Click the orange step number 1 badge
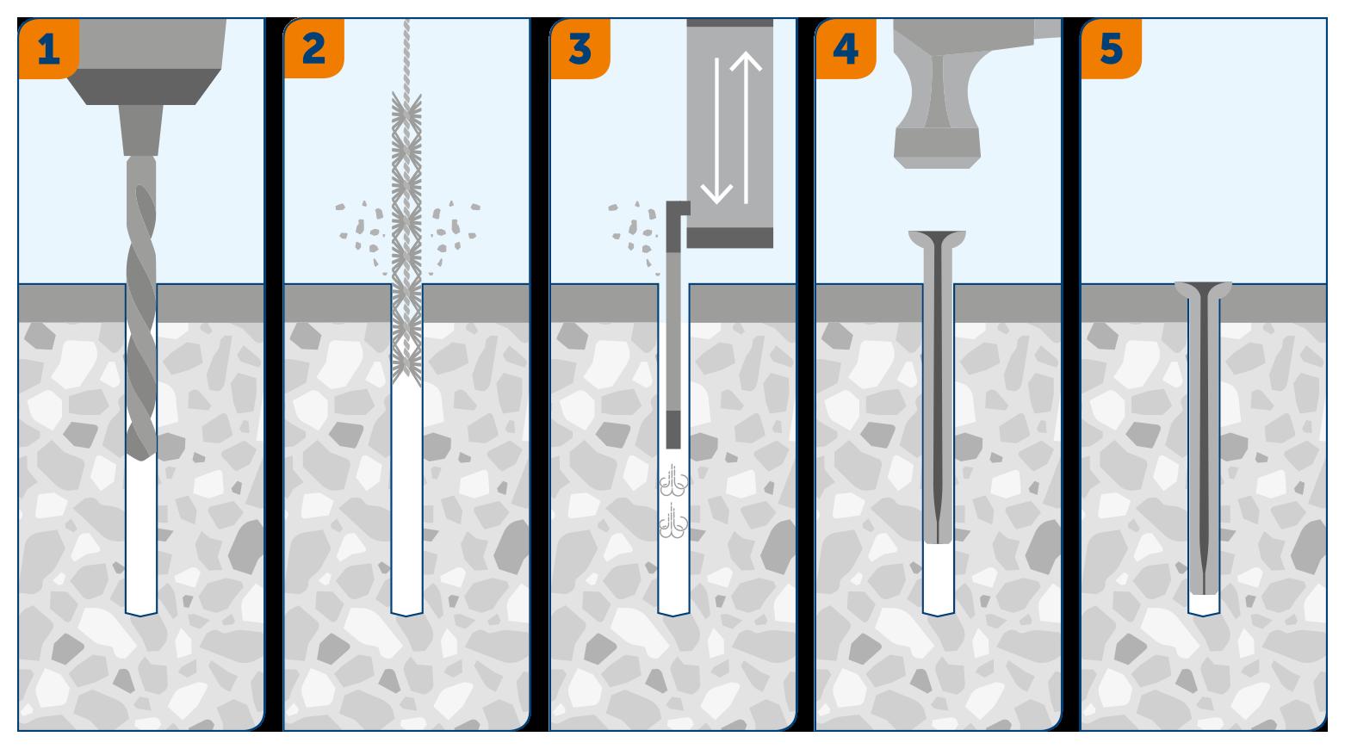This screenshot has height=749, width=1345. [x=48, y=48]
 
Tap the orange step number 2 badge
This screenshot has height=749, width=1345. [x=314, y=48]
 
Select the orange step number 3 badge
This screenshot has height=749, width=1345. [x=580, y=48]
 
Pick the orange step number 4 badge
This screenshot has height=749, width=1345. [x=846, y=48]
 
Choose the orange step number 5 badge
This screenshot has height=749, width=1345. [x=1112, y=48]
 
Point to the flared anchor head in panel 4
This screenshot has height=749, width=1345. [x=938, y=238]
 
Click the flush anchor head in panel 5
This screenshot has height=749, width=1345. [x=1203, y=290]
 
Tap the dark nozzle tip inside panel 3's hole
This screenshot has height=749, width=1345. [x=673, y=430]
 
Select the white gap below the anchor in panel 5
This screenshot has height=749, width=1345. [x=1204, y=604]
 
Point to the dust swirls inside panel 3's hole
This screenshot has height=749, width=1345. [x=673, y=500]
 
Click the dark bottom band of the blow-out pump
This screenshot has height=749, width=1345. [x=729, y=238]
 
